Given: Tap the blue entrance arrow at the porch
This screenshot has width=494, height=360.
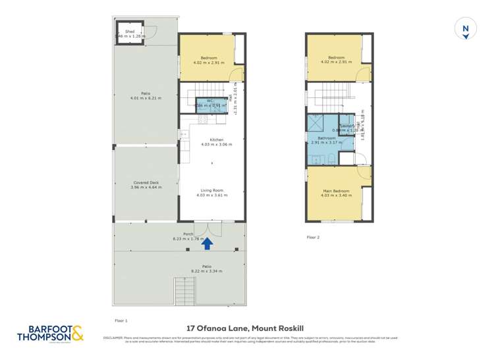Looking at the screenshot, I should click(x=206, y=244).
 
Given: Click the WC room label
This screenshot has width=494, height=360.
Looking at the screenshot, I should click(x=209, y=101).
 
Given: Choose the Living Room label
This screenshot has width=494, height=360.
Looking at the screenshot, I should click(x=213, y=190).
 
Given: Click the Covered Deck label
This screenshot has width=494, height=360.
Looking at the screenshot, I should click(x=146, y=182).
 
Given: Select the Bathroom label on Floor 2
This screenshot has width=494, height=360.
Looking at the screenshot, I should click(x=327, y=138).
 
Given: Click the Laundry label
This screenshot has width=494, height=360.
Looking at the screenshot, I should click(x=348, y=126).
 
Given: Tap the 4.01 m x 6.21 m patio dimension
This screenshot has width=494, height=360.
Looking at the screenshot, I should click(x=146, y=98).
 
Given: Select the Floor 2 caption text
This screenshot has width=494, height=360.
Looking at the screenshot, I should click(x=313, y=237).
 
